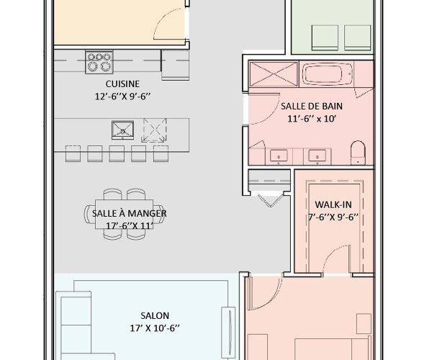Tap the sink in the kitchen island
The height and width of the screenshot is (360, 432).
(x=123, y=130)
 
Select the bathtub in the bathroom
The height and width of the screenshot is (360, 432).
(x=327, y=74)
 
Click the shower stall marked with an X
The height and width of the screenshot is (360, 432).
(x=272, y=74)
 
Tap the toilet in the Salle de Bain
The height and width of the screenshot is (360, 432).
(x=357, y=153)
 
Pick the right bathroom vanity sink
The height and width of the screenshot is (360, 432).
(x=315, y=155)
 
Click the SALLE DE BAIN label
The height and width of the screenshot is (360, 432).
(x=308, y=106)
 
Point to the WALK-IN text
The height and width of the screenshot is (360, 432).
(x=332, y=204)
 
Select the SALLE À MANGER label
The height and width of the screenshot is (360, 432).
(x=130, y=213)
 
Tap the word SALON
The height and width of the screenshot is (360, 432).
(x=155, y=315)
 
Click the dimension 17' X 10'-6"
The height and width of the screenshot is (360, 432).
(x=155, y=328)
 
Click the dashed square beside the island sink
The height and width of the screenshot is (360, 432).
(x=154, y=130)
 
